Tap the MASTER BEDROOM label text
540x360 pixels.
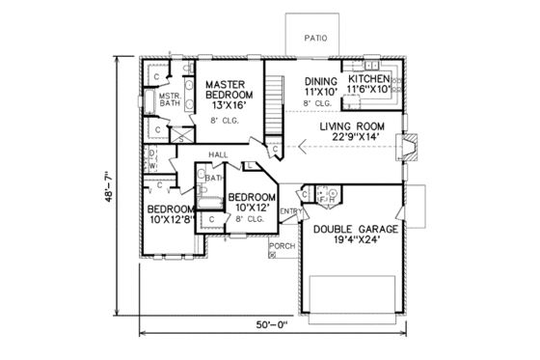[x=229, y=90]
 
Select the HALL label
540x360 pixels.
[x=217, y=153]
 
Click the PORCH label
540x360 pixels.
[x=282, y=246]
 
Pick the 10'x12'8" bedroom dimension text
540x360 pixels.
[x=170, y=218]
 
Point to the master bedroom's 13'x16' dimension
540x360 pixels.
[x=229, y=105]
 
